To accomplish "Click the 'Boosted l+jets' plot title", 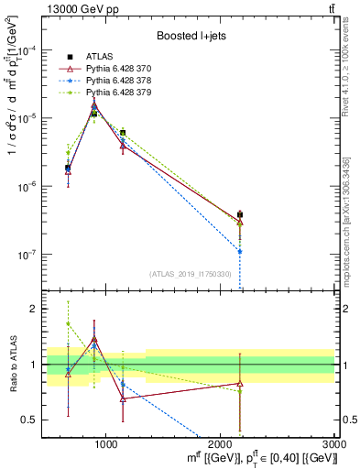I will pyautogui.click(x=190, y=37).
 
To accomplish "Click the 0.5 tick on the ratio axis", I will pyautogui.click(x=33, y=420).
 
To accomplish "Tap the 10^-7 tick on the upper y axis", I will pyautogui.click(x=29, y=255).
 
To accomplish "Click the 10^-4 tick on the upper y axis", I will pyautogui.click(x=29, y=50).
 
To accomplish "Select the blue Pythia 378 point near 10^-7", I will pyautogui.click(x=239, y=251).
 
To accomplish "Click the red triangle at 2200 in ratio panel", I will pyautogui.click(x=239, y=384).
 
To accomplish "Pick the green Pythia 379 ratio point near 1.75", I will pyautogui.click(x=68, y=323).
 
